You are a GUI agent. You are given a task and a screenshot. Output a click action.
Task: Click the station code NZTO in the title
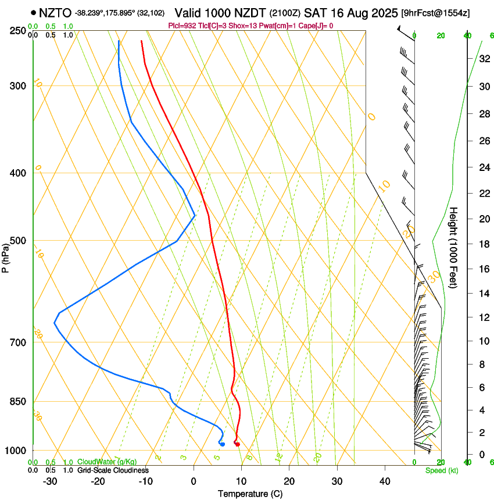pos(55,12)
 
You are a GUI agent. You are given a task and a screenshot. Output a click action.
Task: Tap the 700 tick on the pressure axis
pos(17,342)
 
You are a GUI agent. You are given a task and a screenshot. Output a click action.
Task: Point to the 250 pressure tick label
pos(17,30)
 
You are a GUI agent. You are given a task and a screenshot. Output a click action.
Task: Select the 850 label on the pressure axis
pos(17,401)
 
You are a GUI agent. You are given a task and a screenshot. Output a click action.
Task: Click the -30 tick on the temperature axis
pos(50,481)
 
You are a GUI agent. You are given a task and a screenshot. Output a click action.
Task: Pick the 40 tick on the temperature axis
pos(384,481)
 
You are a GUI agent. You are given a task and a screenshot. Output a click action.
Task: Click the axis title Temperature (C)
pos(250,494)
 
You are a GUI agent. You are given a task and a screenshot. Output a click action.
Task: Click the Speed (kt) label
pos(441,470)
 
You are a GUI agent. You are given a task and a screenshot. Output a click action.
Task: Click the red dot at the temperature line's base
pos(237,444)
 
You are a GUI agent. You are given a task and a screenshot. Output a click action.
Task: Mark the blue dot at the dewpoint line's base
pos(223,444)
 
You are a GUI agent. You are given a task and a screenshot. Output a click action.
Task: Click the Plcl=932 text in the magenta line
pos(181,26)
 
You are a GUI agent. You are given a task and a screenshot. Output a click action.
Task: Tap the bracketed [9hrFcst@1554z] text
pos(436,12)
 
